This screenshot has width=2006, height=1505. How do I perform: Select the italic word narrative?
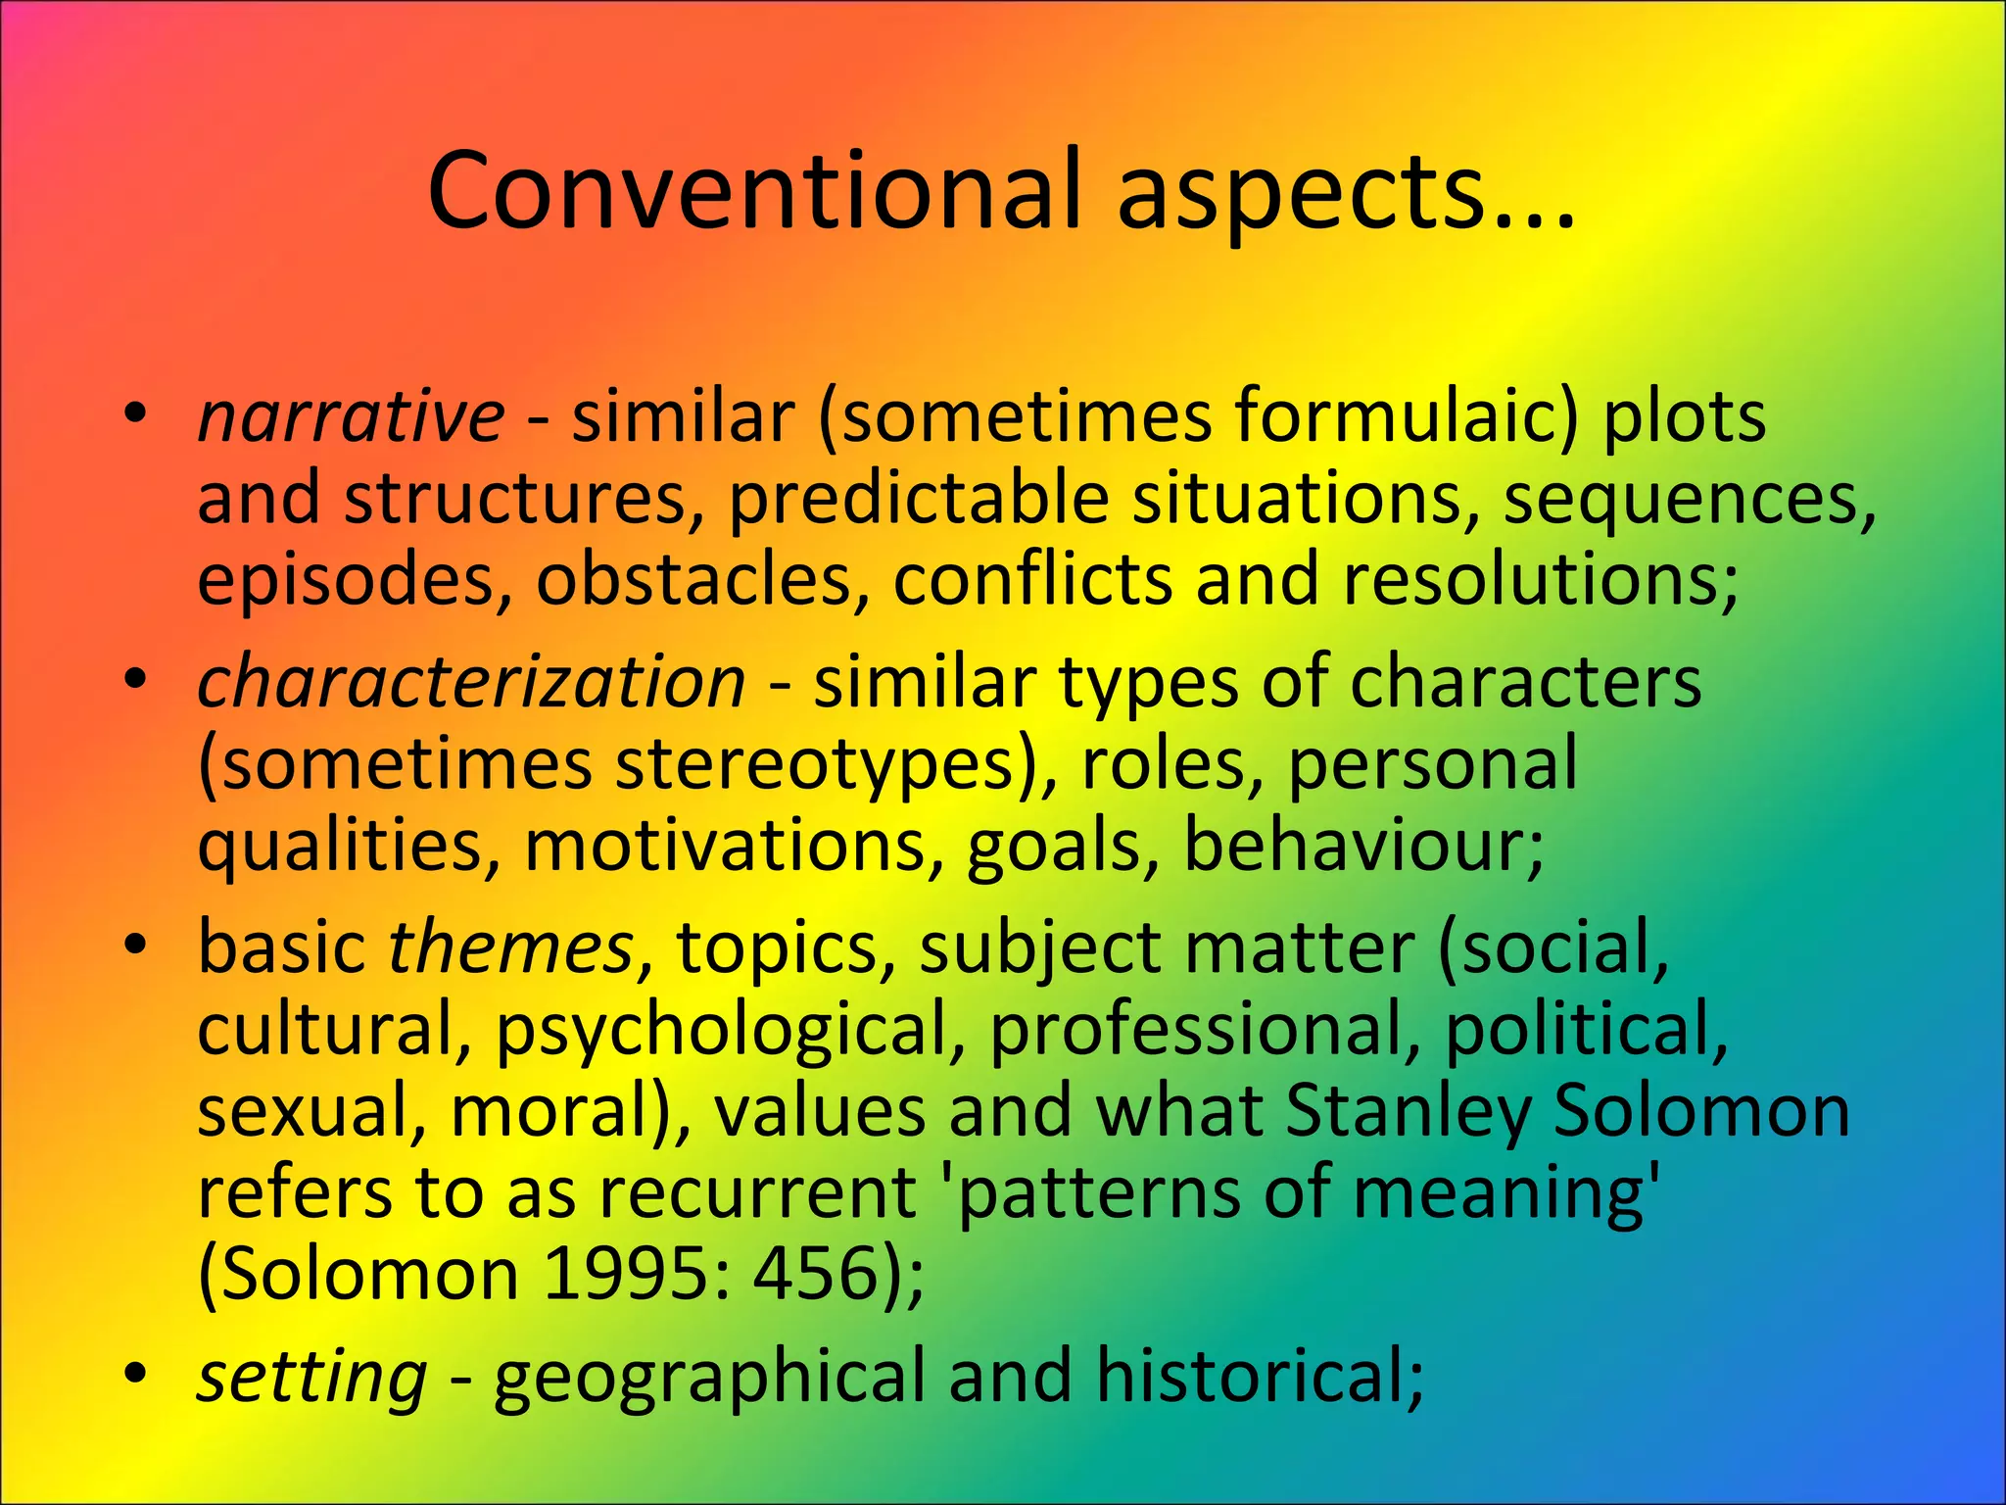click(x=351, y=415)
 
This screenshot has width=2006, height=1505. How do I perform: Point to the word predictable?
click(x=918, y=498)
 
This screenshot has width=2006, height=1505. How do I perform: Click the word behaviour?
click(x=1362, y=845)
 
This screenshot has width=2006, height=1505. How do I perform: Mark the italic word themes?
click(x=511, y=947)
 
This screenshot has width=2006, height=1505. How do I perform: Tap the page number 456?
click(x=817, y=1274)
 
